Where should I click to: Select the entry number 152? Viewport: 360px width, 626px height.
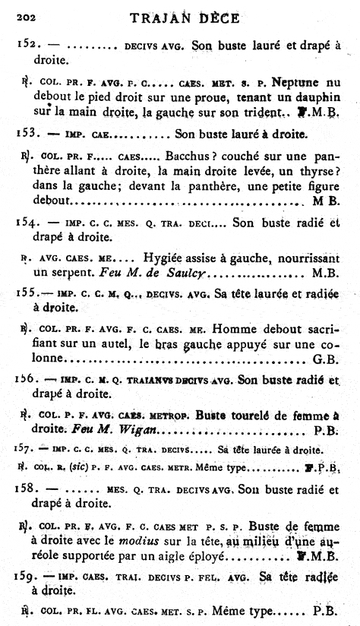pos(27,45)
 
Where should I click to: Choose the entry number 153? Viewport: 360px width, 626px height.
pos(27,134)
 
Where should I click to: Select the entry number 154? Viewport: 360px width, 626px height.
pos(27,223)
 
